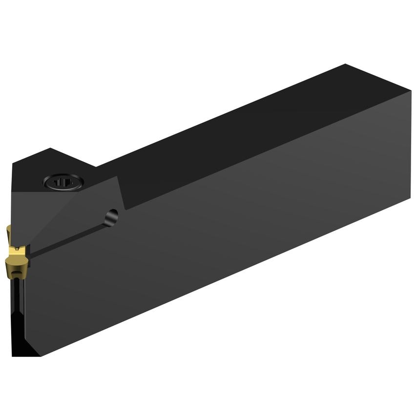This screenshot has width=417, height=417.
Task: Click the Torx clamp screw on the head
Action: pyautogui.click(x=63, y=182)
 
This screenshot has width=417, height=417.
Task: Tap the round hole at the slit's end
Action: pyautogui.click(x=112, y=216)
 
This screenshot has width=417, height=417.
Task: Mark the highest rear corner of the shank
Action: pyautogui.click(x=345, y=64)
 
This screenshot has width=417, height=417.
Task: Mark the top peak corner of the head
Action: pyautogui.click(x=51, y=148)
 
